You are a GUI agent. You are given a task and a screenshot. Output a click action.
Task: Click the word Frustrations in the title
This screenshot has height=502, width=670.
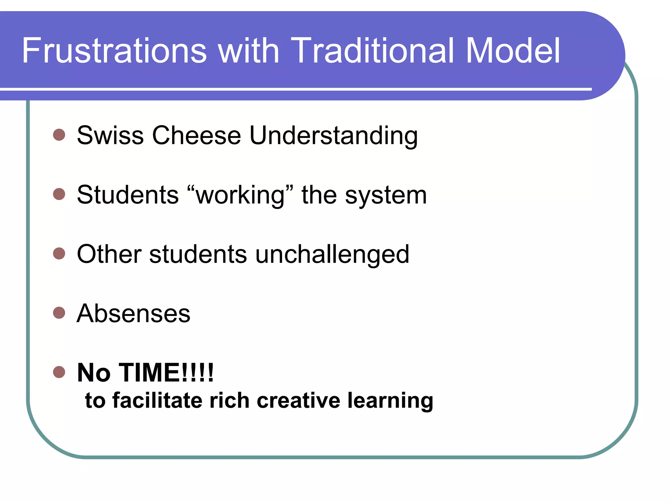point(115,51)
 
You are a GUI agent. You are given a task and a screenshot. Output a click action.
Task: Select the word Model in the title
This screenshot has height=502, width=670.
point(513,51)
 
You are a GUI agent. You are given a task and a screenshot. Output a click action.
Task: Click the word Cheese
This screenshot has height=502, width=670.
point(196,135)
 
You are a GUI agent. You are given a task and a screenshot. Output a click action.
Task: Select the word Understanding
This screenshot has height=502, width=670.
point(333,136)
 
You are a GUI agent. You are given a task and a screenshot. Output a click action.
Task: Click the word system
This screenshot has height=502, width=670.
point(386,195)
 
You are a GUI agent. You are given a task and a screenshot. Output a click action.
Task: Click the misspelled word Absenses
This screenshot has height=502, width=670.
point(133,313)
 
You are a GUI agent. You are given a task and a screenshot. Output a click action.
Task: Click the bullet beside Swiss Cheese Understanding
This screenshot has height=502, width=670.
point(59,135)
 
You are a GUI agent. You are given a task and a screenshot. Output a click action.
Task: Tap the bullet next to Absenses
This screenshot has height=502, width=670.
point(59,313)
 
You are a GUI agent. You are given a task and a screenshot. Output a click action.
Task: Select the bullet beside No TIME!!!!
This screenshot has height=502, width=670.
point(59,372)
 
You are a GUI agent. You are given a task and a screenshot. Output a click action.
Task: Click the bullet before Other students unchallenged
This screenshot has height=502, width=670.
point(59,253)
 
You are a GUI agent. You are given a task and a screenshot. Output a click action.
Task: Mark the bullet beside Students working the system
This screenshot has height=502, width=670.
point(59,194)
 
